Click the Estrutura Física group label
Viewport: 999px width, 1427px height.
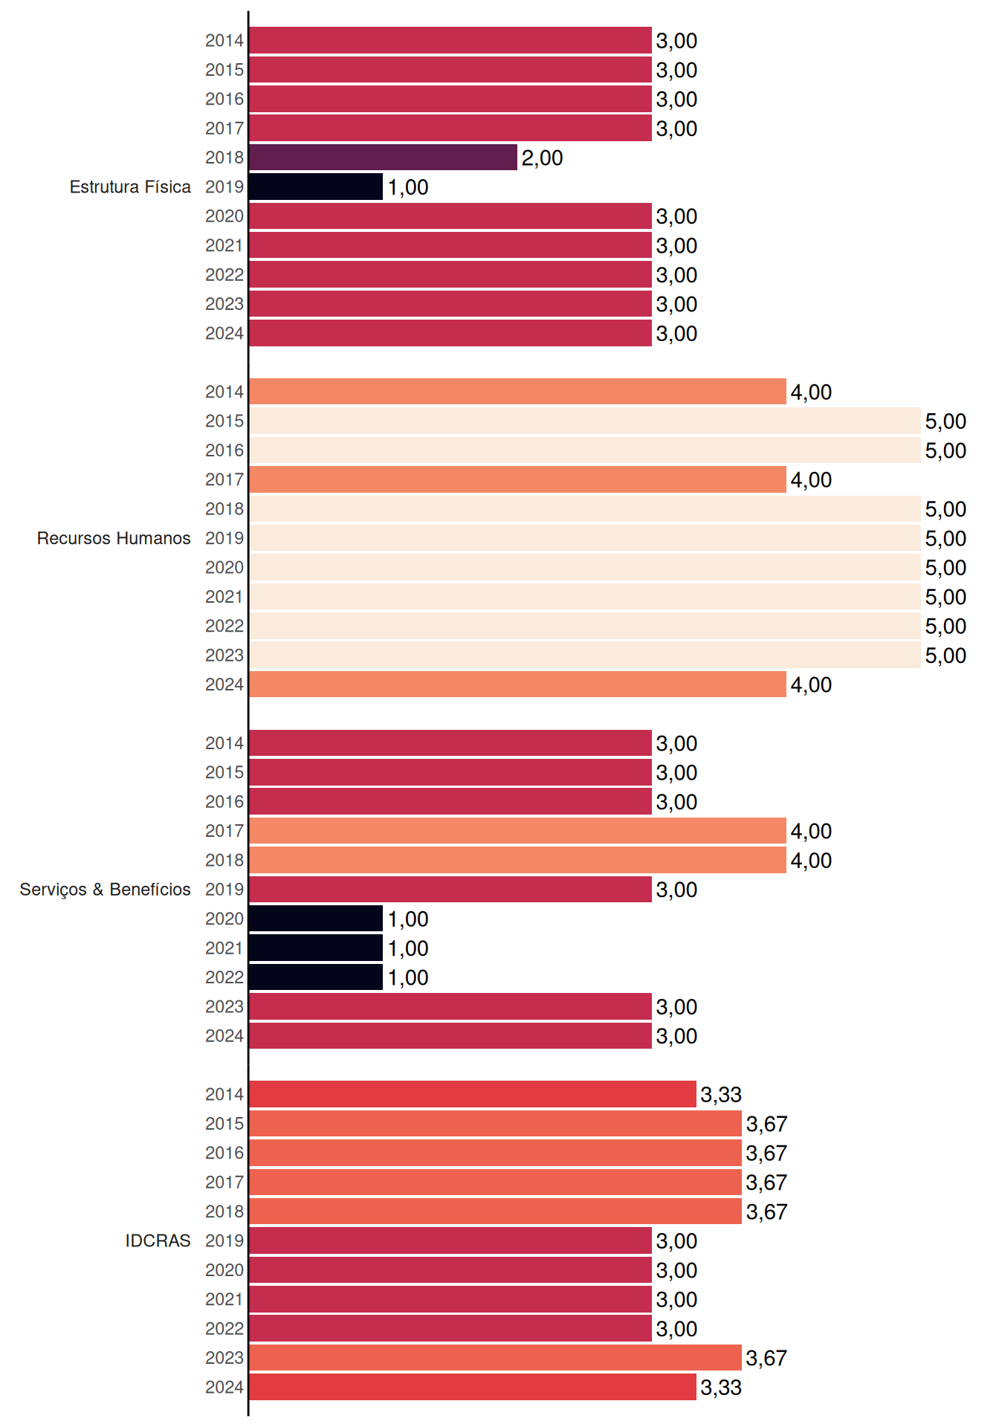pyautogui.click(x=130, y=187)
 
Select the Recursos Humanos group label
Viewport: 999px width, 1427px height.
pyautogui.click(x=114, y=538)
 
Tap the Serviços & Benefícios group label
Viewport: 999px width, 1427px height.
pyautogui.click(x=105, y=890)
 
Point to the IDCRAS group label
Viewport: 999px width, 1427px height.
pyautogui.click(x=158, y=1240)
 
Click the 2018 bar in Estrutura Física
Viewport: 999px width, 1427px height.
pyautogui.click(x=383, y=158)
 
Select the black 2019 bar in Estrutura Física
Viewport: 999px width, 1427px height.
pyautogui.click(x=316, y=187)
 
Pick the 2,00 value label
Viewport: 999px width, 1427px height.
pyautogui.click(x=542, y=158)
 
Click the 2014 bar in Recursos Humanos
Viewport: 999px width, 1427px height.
pyautogui.click(x=517, y=392)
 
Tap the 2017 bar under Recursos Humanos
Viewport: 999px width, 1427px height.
pyautogui.click(x=517, y=479)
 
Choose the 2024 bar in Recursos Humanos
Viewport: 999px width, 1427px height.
pyautogui.click(x=517, y=685)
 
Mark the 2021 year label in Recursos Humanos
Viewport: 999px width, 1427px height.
pyautogui.click(x=224, y=597)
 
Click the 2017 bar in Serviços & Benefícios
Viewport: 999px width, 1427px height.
pyautogui.click(x=517, y=831)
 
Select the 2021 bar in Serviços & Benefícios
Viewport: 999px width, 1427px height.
pyautogui.click(x=316, y=948)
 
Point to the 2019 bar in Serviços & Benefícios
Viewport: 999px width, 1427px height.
pyautogui.click(x=450, y=890)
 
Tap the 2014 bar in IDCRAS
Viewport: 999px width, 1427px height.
pyautogui.click(x=473, y=1094)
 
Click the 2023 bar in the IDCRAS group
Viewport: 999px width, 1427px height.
pyautogui.click(x=495, y=1358)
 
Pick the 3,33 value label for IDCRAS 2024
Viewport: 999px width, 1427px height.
pyautogui.click(x=721, y=1388)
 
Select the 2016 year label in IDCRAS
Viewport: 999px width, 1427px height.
pyautogui.click(x=224, y=1153)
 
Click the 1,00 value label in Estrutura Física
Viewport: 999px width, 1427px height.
pyautogui.click(x=408, y=187)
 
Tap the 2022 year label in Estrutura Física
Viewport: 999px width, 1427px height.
pyautogui.click(x=224, y=275)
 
